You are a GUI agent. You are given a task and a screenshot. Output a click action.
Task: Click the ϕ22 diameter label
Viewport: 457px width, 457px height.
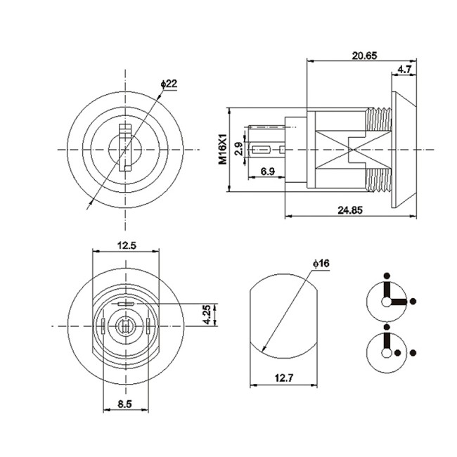pos(169,84)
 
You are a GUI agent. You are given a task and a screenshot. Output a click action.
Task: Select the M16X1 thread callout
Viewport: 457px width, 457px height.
pos(222,149)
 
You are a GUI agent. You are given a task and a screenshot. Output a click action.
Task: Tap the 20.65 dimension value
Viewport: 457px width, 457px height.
pos(363,54)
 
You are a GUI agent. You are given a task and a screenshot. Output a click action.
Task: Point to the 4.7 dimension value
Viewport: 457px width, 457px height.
pos(404,69)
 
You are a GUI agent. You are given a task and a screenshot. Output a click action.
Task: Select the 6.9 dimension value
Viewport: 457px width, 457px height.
pos(267,172)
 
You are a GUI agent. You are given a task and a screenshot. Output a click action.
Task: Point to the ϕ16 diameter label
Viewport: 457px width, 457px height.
pos(322,263)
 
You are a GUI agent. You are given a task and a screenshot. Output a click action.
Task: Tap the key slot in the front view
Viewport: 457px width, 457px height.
pos(126,147)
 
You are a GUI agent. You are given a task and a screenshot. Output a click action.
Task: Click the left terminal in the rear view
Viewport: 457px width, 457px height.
pos(103,326)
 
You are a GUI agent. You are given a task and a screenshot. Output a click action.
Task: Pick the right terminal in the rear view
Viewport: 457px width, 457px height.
pos(148,326)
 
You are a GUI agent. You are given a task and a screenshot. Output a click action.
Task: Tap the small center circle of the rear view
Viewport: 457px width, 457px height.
pos(126,326)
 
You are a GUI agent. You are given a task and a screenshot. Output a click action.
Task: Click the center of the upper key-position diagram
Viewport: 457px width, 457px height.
pos(386,301)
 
